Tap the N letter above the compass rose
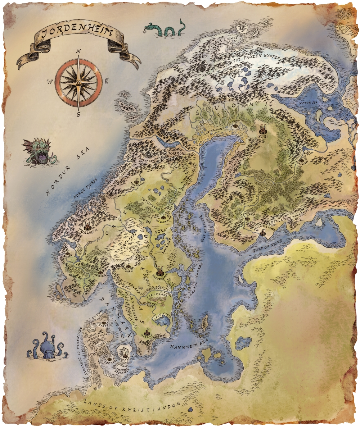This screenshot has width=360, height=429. (78, 51)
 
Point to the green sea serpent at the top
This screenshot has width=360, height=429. (166, 29)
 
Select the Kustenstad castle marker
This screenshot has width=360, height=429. (159, 270)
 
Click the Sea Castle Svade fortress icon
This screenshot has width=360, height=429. (262, 233)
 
